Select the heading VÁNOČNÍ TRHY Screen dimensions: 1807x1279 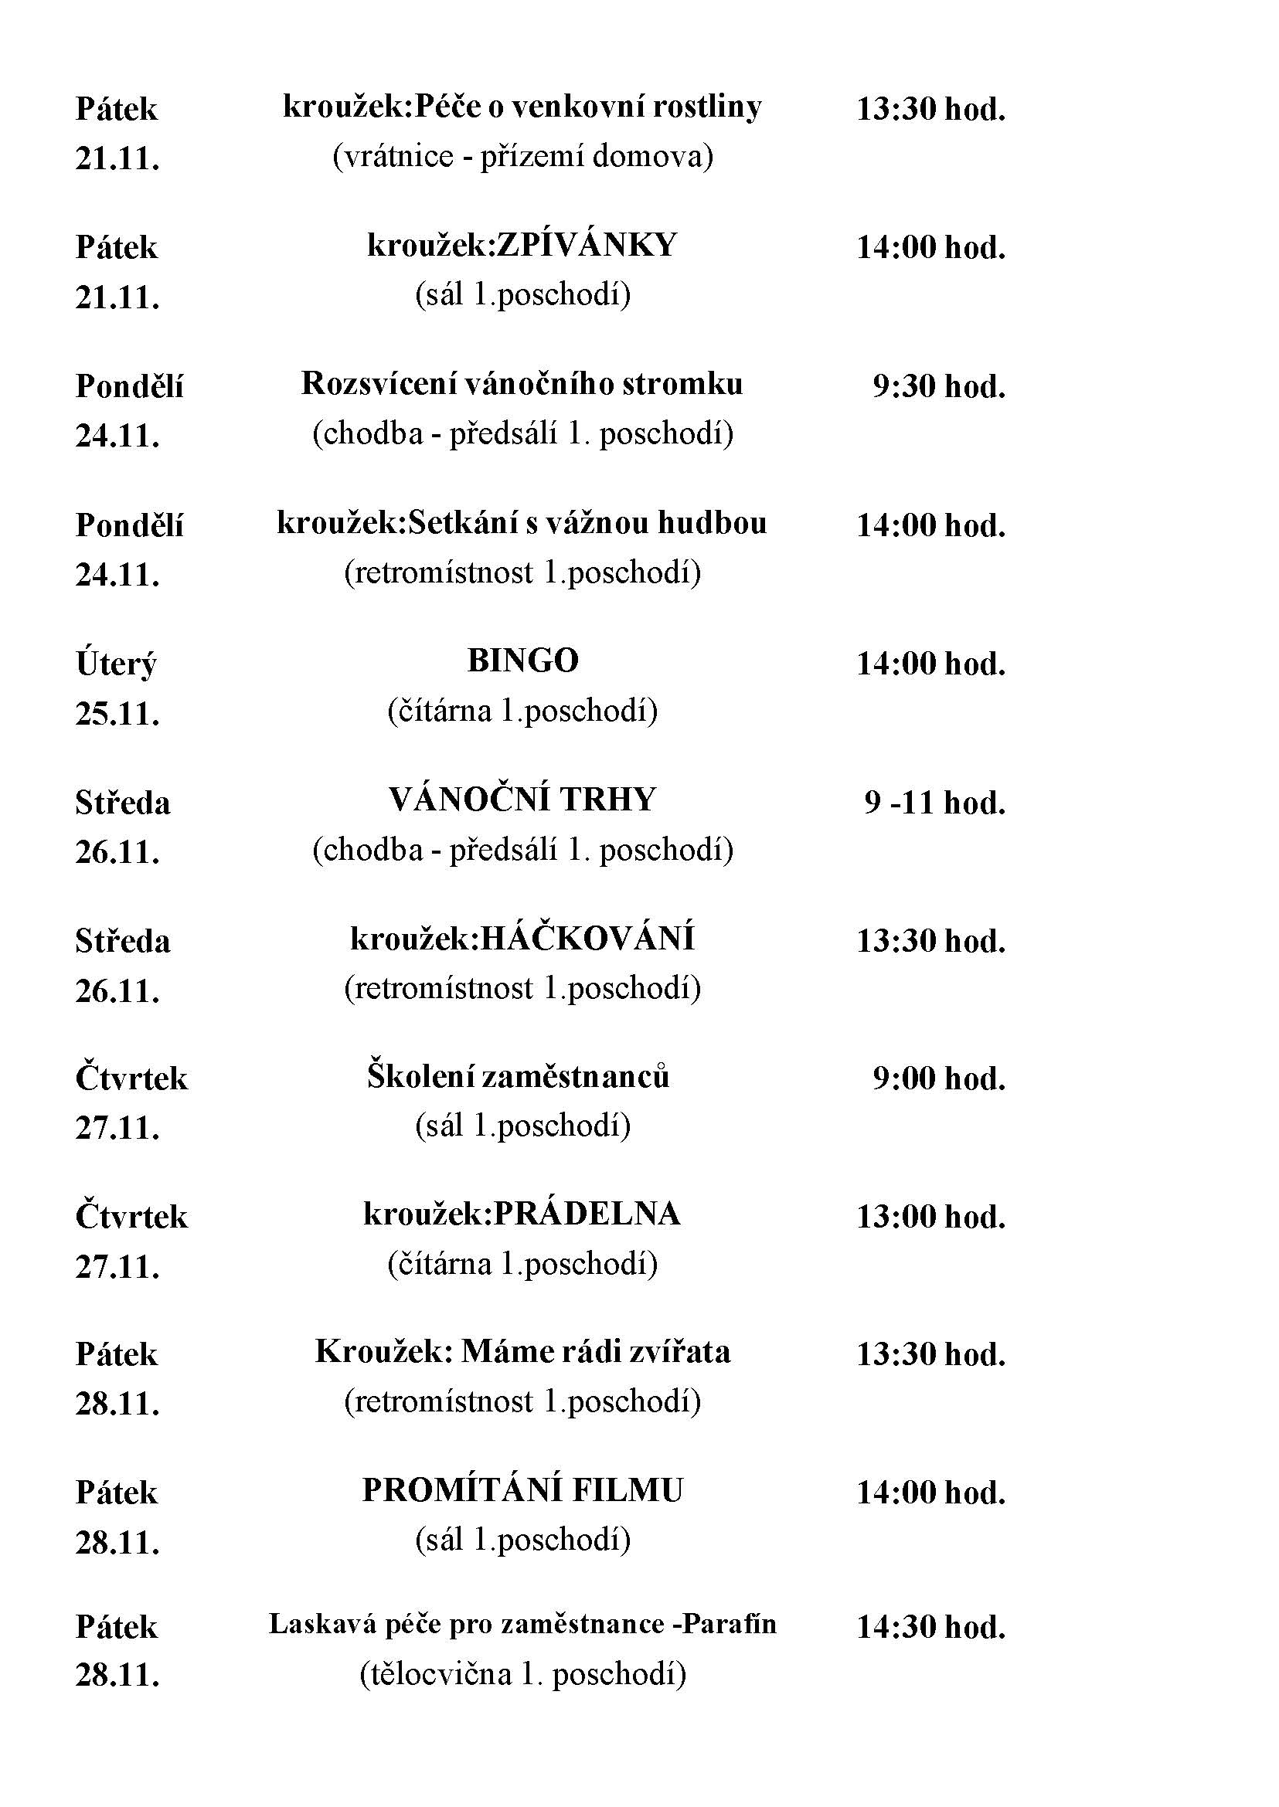[522, 800]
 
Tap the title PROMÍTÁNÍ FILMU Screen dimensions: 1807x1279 [522, 1490]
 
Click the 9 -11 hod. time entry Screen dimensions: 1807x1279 [935, 803]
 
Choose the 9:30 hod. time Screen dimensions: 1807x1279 [939, 386]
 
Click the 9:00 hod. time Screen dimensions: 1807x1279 [939, 1078]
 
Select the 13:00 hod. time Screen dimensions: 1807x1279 [931, 1218]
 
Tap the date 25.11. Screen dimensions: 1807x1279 [117, 713]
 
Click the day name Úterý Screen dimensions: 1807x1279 [116, 664]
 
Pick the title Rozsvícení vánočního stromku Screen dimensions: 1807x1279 [522, 384]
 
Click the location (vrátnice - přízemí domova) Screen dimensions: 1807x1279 [522, 157]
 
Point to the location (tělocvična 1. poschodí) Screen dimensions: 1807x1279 [522, 1673]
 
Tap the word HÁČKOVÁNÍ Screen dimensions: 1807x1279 [587, 939]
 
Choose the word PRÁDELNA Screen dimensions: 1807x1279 [586, 1214]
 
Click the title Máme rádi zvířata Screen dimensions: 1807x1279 [595, 1352]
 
